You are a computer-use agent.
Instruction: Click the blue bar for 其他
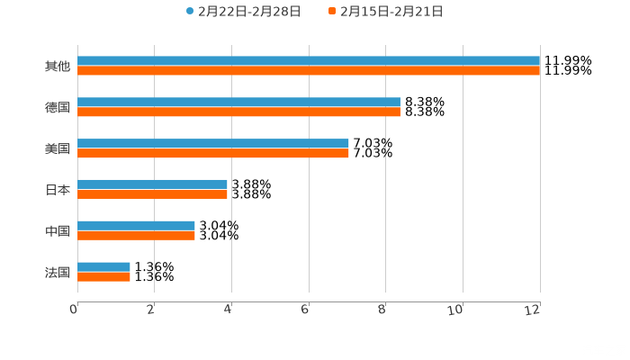(309, 61)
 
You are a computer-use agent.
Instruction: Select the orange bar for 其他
(309, 71)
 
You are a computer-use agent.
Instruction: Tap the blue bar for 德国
(238, 103)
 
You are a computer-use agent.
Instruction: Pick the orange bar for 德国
(238, 112)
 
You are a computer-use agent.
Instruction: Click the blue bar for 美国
(213, 144)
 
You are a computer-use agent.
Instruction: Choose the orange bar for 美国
(213, 154)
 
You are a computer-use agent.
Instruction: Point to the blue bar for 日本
(152, 184)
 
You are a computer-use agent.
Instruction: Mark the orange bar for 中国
(136, 236)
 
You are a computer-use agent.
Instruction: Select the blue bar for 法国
(103, 266)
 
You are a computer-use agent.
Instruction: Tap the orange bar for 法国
(103, 277)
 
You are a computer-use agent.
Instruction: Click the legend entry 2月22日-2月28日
(243, 12)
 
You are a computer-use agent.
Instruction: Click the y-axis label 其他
(57, 67)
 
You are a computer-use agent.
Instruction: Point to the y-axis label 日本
(57, 190)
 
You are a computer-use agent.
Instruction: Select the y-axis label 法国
(57, 272)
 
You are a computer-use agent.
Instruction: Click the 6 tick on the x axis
(306, 310)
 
